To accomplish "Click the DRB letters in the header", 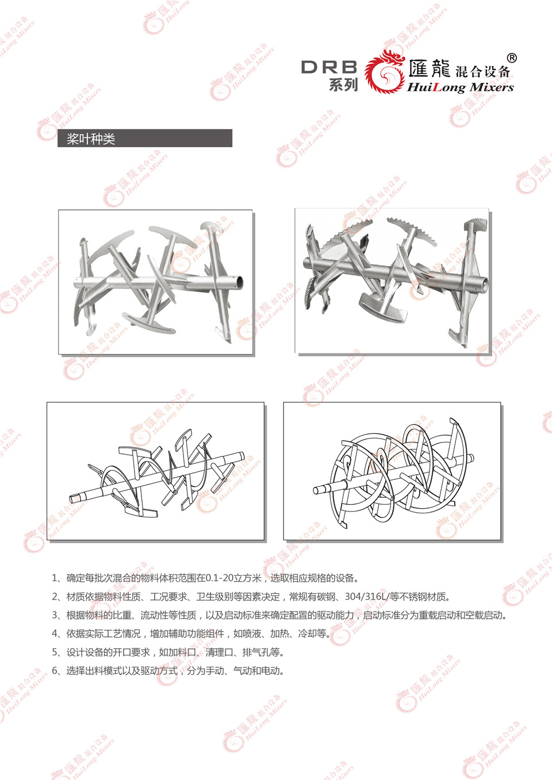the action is (x=329, y=67).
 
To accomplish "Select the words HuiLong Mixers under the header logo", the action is (x=461, y=87).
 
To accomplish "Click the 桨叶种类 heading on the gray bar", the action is (x=90, y=139).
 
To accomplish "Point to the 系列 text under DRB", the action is (x=343, y=84).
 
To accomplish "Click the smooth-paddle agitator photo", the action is (x=155, y=282).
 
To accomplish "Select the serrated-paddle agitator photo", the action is (x=392, y=281).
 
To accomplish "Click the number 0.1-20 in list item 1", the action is (x=220, y=578).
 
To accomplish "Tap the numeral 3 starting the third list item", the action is (x=55, y=615).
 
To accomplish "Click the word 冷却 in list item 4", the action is (x=307, y=634).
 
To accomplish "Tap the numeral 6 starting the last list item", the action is (x=55, y=671).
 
